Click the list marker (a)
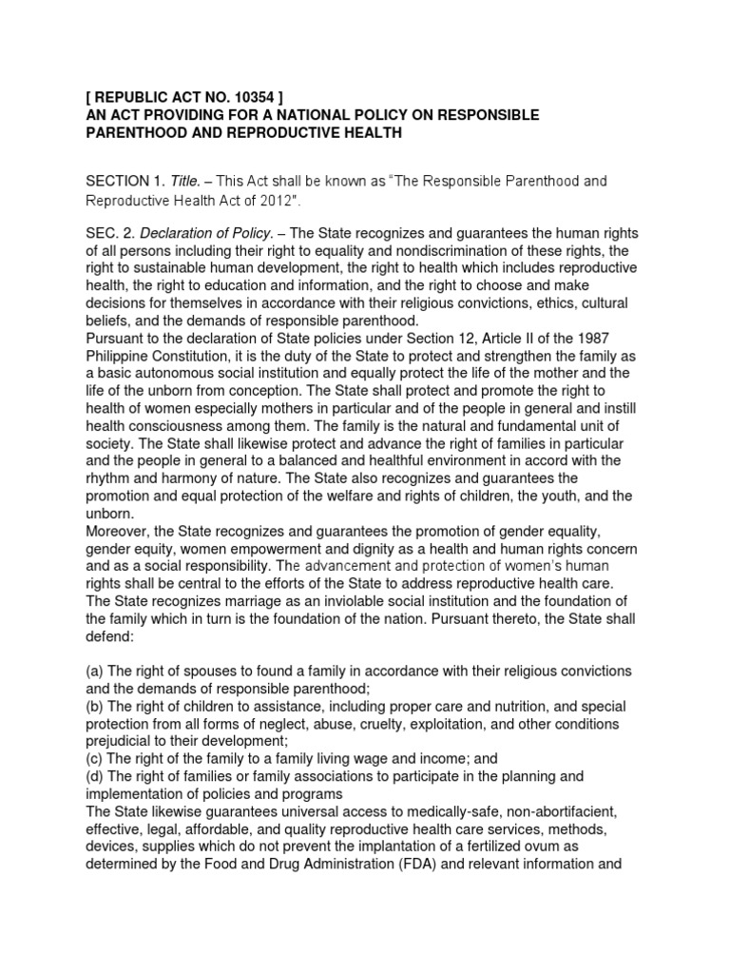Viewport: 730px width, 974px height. point(96,672)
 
